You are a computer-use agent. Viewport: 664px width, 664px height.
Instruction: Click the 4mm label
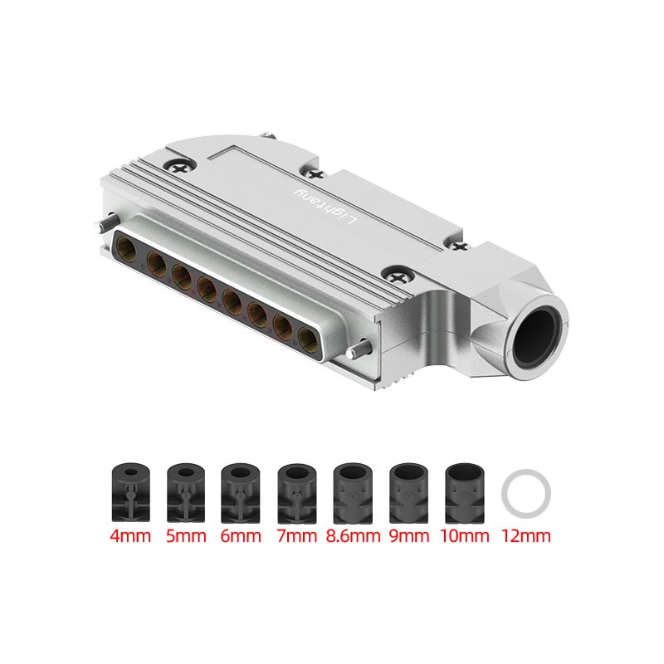coord(130,536)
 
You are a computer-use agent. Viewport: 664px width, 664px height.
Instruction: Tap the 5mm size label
coord(186,536)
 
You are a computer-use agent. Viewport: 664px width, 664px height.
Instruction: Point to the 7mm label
coord(297,536)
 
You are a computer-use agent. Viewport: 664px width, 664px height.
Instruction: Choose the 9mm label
coord(408,536)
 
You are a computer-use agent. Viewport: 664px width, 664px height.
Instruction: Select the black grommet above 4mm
coord(129,492)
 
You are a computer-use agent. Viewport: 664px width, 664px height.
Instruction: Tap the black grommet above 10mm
coord(465,492)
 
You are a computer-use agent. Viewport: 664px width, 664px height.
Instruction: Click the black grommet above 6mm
coord(241,492)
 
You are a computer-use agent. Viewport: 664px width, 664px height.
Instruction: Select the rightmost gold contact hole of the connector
coord(306,337)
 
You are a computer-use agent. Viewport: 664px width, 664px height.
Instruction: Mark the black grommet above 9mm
coord(408,492)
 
